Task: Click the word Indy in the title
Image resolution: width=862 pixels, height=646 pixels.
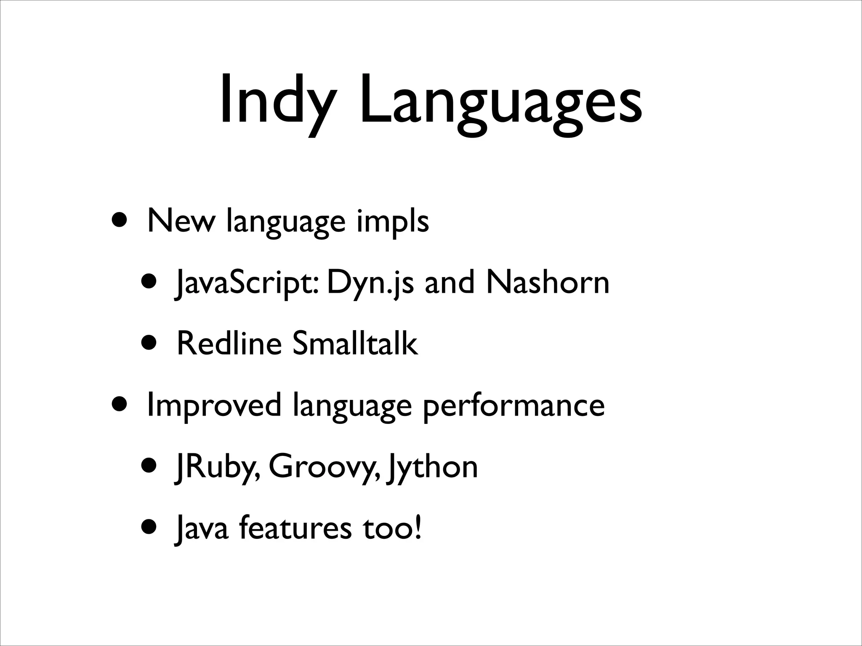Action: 278,101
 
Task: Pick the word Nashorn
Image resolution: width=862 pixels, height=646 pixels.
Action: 547,283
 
